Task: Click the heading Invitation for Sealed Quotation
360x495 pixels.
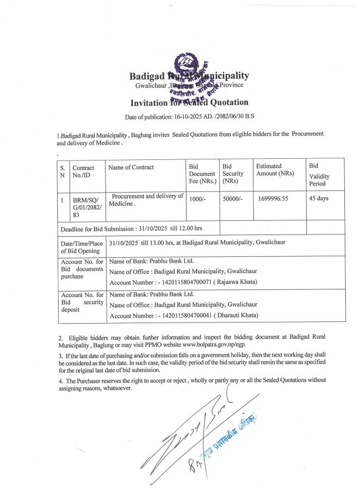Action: pyautogui.click(x=189, y=102)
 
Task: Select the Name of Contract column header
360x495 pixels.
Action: pyautogui.click(x=131, y=168)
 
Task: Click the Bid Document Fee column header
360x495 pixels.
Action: pyautogui.click(x=201, y=172)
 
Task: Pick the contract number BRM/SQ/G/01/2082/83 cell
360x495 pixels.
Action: pyautogui.click(x=85, y=208)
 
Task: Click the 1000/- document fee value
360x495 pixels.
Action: pyautogui.click(x=196, y=200)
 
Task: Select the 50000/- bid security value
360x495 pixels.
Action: pyautogui.click(x=232, y=200)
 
